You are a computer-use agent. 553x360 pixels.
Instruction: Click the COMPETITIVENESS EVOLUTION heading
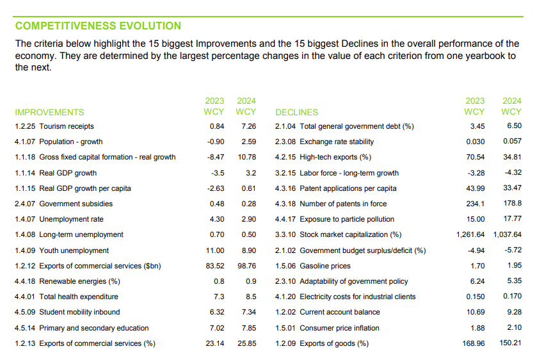click(98, 26)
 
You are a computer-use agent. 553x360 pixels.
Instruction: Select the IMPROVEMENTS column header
click(49, 112)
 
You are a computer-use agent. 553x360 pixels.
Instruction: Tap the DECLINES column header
click(296, 112)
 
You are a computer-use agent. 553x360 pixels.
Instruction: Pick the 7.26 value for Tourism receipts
click(248, 126)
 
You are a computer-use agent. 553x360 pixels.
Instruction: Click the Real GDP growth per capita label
click(85, 188)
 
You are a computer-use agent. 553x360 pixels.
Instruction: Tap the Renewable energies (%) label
click(79, 281)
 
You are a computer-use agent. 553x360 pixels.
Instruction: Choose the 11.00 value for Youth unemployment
click(215, 250)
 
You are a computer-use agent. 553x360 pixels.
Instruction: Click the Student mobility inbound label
click(79, 313)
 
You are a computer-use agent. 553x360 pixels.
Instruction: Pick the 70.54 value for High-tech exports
click(474, 158)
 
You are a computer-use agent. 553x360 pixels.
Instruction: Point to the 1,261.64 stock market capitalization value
click(470, 235)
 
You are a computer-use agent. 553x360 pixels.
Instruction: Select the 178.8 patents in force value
click(511, 204)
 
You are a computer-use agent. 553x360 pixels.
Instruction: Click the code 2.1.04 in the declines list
click(285, 126)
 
